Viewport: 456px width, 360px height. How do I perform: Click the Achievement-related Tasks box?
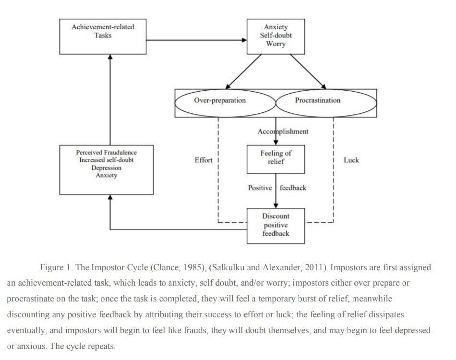103,36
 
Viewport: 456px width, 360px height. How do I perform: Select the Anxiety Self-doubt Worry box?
276,36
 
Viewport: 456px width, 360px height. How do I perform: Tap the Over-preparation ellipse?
220,101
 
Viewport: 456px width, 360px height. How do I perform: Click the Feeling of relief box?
276,158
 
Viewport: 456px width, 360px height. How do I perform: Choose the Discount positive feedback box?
276,225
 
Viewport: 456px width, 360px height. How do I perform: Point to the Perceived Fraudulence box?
107,170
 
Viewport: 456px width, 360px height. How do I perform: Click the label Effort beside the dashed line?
203,160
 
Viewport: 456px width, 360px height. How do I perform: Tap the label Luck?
351,160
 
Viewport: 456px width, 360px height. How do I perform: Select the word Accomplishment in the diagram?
283,132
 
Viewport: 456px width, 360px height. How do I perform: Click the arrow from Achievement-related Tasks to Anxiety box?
196,40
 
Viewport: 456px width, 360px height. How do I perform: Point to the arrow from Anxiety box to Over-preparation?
245,71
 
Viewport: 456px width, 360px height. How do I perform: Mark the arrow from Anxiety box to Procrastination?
307,71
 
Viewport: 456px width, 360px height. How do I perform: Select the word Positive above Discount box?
260,188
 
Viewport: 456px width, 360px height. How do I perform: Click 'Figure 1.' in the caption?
56,267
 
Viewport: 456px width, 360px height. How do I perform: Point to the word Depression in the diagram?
107,168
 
